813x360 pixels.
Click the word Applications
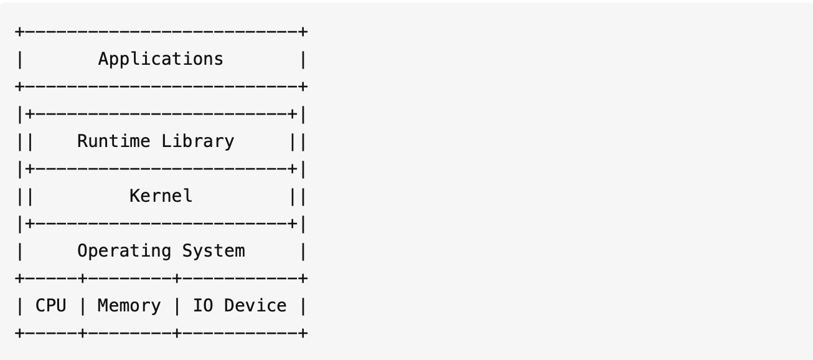point(161,59)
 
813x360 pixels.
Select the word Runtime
point(113,141)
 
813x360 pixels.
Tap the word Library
point(197,141)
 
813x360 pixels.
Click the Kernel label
point(161,196)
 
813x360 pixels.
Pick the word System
point(214,251)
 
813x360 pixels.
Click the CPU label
point(51,306)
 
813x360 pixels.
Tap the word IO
point(203,306)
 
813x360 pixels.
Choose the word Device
point(255,306)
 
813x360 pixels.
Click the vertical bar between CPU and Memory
point(83,306)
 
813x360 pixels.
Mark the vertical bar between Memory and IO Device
point(177,306)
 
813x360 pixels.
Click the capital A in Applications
point(104,59)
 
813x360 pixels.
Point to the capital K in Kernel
point(135,196)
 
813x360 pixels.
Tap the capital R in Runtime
point(83,141)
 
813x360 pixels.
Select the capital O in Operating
point(83,251)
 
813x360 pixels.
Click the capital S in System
point(187,251)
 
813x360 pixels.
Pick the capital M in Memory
point(103,306)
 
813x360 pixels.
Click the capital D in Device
point(229,306)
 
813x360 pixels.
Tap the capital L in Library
point(166,141)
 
